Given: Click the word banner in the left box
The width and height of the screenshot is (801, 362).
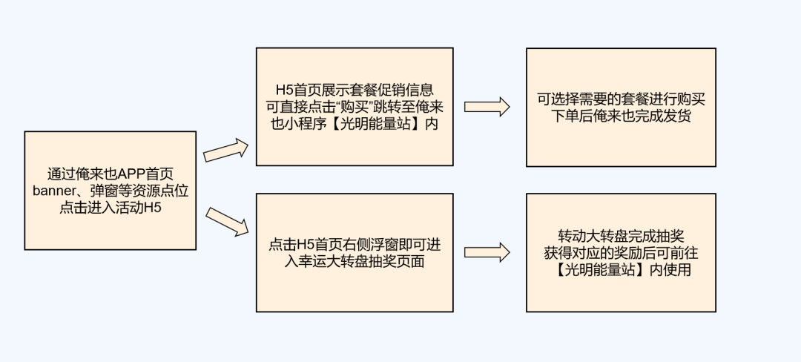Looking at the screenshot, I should point(54,191).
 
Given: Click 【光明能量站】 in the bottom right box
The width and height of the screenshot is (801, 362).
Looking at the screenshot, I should point(596,270).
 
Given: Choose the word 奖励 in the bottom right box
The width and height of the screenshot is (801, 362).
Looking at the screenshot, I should point(626,253).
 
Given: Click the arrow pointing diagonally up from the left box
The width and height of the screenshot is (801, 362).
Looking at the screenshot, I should point(225,151).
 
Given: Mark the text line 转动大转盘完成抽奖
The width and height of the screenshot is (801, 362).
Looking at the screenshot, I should point(621,236).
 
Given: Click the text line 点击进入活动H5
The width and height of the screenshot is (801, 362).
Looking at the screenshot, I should point(111,208).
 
